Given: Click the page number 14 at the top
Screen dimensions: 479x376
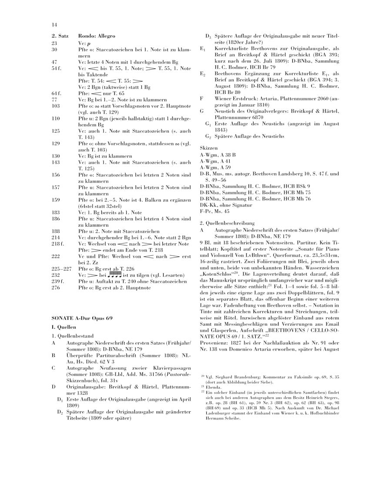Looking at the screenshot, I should point(54,25).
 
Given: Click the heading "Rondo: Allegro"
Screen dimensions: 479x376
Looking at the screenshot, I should point(97,36).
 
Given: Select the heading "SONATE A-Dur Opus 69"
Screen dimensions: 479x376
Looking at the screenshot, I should point(82,318).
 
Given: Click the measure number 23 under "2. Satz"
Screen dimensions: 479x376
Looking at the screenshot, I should point(54,44).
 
